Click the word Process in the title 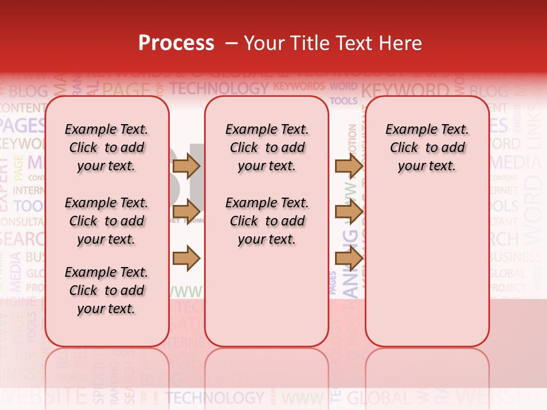pos(176,43)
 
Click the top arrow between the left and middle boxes pos(186,166)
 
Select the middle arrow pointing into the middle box pos(186,212)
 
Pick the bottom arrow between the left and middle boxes pos(186,259)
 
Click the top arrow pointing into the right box pos(349,166)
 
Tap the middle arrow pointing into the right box pos(349,212)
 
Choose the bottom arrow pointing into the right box pos(349,259)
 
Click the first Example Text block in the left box pos(106,147)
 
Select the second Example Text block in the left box pos(106,221)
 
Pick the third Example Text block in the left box pos(106,290)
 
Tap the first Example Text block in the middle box pos(267,147)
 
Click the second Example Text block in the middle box pos(267,221)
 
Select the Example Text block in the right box pos(427,147)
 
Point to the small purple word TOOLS pos(344,101)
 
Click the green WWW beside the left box pos(186,292)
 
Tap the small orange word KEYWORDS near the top pos(299,87)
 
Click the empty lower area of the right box pos(427,273)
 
